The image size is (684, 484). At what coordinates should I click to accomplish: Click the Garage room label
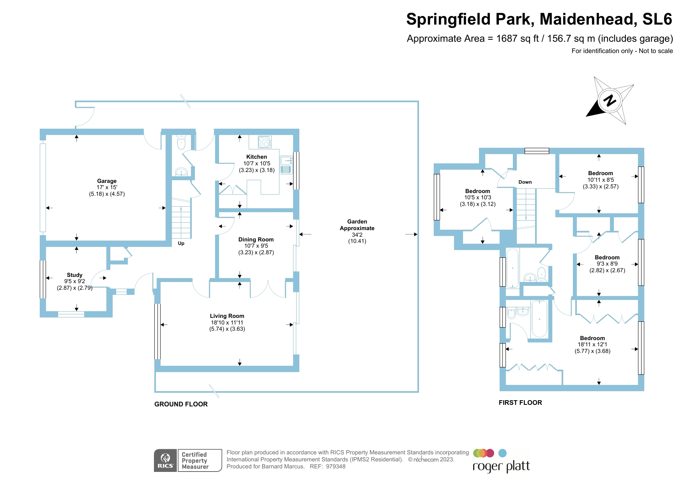click(x=107, y=181)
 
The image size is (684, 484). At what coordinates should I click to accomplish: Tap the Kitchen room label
click(x=256, y=157)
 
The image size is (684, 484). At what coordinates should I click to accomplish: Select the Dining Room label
click(x=256, y=239)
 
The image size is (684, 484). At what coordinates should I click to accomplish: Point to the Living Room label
click(x=227, y=316)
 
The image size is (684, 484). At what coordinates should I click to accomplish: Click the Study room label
click(x=74, y=275)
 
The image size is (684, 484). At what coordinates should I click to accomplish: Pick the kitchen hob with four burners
click(x=265, y=142)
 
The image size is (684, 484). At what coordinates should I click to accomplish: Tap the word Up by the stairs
click(x=181, y=243)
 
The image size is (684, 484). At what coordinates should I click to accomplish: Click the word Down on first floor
click(x=525, y=182)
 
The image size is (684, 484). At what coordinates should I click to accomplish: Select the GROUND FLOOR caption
click(x=181, y=404)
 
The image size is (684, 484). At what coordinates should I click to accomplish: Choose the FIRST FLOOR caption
click(x=520, y=402)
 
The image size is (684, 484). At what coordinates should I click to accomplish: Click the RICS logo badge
click(x=166, y=461)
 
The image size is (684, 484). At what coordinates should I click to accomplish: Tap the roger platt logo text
click(x=501, y=466)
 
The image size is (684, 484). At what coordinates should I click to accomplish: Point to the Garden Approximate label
click(x=357, y=225)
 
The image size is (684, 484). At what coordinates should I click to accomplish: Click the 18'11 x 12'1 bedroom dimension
click(x=592, y=345)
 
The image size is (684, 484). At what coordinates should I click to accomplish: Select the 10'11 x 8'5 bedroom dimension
click(x=601, y=180)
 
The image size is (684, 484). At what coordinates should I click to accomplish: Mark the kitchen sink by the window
click(x=286, y=161)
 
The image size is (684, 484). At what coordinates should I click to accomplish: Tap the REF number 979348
click(x=336, y=466)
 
